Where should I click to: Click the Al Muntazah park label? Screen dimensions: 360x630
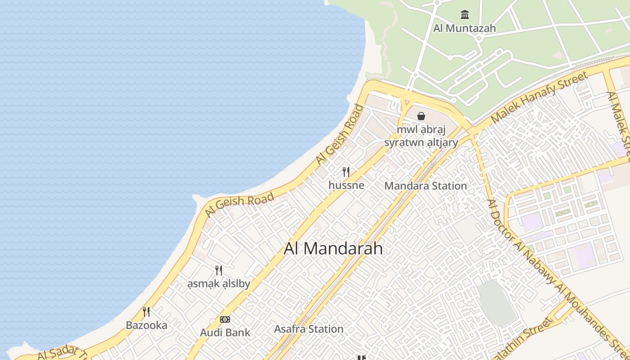click(x=464, y=28)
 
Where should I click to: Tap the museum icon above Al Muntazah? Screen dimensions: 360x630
click(x=464, y=14)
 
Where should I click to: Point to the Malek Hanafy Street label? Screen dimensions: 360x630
click(x=540, y=98)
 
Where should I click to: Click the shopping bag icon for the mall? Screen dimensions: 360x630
click(x=421, y=116)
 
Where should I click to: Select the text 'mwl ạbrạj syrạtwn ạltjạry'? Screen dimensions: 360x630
click(x=421, y=136)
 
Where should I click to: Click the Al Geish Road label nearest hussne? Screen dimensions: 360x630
click(x=339, y=134)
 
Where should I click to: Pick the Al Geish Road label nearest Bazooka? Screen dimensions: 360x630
click(x=239, y=205)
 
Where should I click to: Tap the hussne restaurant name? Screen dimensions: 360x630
click(x=346, y=185)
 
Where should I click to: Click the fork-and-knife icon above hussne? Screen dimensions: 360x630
click(x=346, y=171)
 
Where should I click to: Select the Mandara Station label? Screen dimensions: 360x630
click(x=426, y=186)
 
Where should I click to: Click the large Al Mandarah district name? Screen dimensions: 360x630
click(x=333, y=248)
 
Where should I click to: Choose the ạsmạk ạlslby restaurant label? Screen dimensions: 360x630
click(x=218, y=284)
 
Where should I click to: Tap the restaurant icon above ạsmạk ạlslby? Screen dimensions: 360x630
click(x=218, y=270)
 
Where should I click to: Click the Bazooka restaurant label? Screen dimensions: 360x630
click(x=146, y=325)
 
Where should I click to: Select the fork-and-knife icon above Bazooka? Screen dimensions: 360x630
click(x=146, y=311)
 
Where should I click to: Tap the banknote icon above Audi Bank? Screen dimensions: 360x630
click(x=225, y=319)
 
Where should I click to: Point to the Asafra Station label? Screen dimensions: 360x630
click(x=309, y=329)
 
